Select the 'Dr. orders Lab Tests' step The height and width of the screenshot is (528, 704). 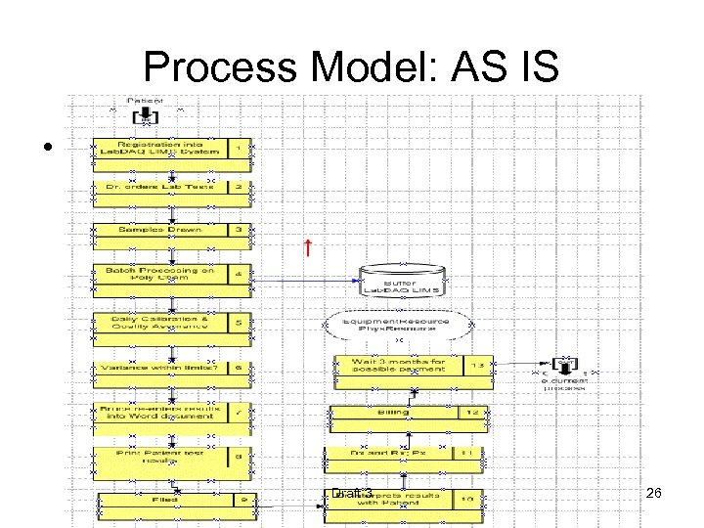click(161, 186)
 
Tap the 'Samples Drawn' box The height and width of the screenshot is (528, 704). click(161, 230)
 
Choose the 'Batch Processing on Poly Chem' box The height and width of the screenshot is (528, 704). click(161, 275)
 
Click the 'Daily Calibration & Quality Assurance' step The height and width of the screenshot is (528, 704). click(161, 321)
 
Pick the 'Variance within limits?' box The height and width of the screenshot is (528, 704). click(161, 368)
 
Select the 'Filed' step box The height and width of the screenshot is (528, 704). click(161, 501)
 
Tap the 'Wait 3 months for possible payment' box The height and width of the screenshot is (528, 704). click(398, 365)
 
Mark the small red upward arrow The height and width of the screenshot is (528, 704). click(307, 247)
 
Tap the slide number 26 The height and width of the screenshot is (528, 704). click(654, 494)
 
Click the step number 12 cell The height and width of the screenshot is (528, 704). click(471, 413)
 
